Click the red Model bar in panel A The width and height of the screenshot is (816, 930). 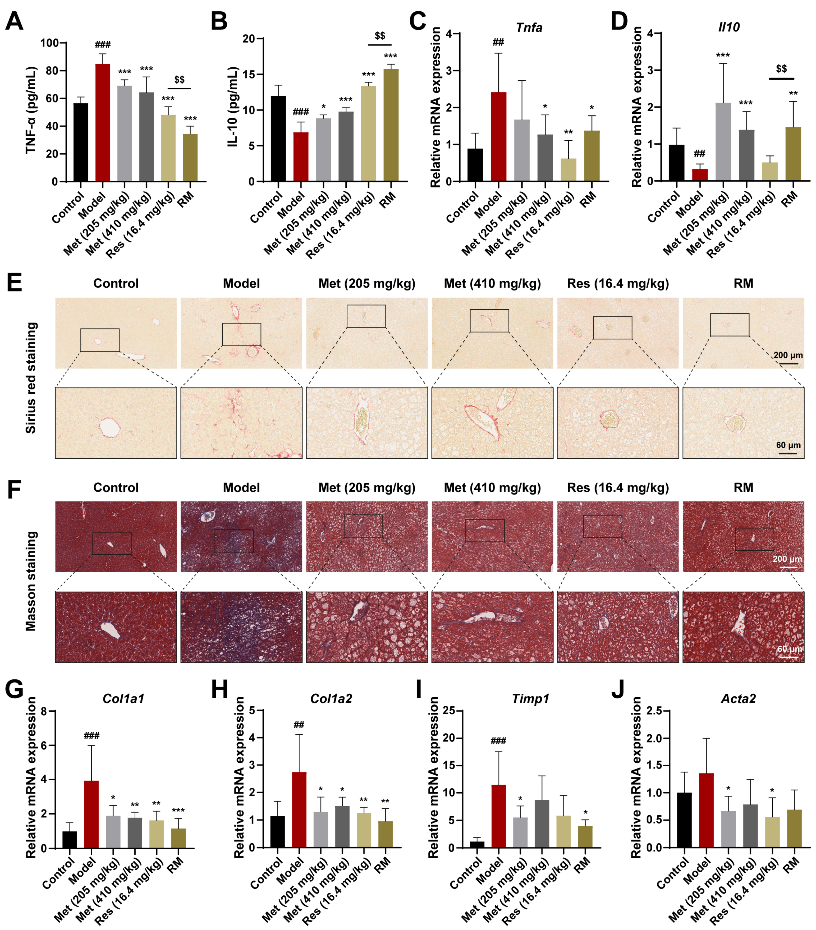[102, 123]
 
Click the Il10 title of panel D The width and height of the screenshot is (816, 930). [729, 27]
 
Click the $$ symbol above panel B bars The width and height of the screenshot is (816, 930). [379, 35]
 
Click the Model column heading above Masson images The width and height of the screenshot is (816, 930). [241, 488]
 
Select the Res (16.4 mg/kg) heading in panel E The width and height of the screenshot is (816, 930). [618, 283]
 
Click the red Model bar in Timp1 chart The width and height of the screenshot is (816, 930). [499, 816]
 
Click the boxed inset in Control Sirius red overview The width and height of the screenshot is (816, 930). [100, 340]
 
